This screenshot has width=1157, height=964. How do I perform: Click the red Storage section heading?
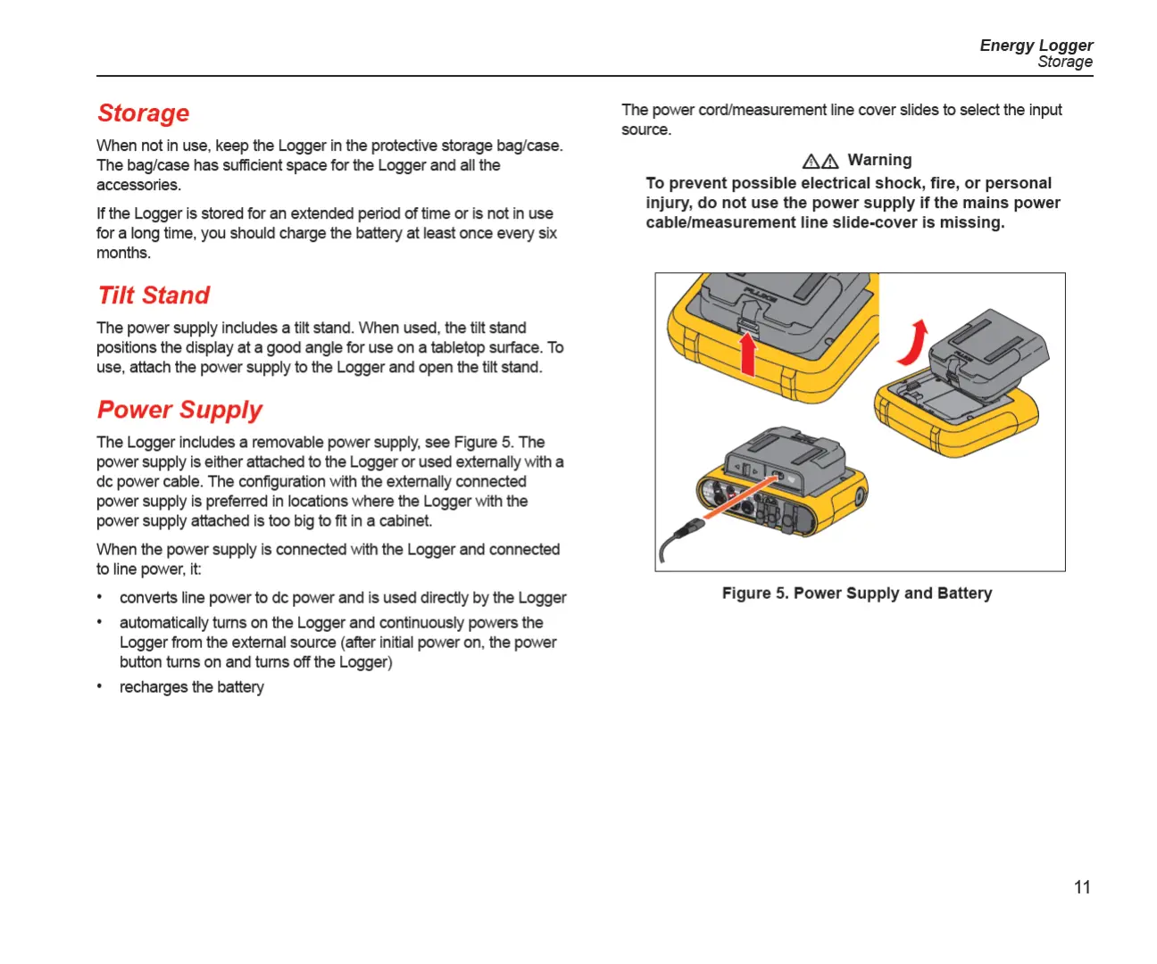click(x=143, y=113)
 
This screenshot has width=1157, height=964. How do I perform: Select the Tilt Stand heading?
click(x=154, y=295)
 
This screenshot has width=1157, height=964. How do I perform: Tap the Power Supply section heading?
click(x=179, y=410)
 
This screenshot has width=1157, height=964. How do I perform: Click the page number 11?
click(x=1082, y=887)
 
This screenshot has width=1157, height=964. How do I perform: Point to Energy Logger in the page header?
click(x=1036, y=46)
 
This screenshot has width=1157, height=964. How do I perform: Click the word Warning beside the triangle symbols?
click(x=879, y=161)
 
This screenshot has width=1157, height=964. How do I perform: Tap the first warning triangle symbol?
click(x=811, y=162)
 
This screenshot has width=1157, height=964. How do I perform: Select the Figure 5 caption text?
click(x=857, y=594)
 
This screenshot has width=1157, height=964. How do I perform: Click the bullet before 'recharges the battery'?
click(x=100, y=686)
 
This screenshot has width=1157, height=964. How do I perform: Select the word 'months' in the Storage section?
click(x=122, y=253)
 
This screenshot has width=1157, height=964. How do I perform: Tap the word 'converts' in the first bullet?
click(x=148, y=598)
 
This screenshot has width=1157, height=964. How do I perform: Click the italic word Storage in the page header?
click(x=1064, y=62)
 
